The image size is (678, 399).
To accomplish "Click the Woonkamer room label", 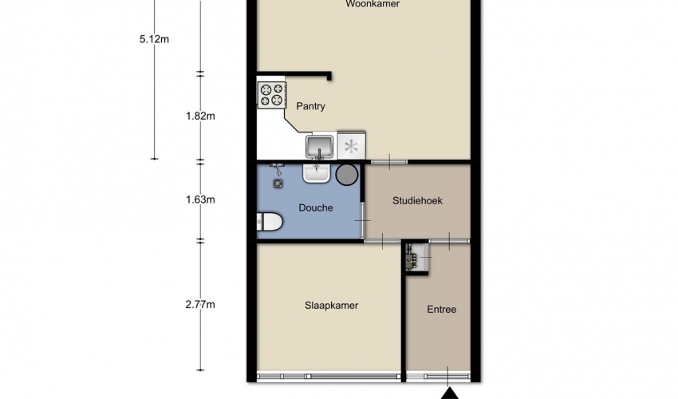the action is pyautogui.click(x=373, y=4).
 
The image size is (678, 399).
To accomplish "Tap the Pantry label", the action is pyautogui.click(x=310, y=106).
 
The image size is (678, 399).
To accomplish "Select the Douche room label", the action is pyautogui.click(x=316, y=207).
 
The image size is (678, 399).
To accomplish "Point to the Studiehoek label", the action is pyautogui.click(x=417, y=201).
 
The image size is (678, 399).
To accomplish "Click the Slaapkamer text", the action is pyautogui.click(x=331, y=306).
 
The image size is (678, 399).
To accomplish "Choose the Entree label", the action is pyautogui.click(x=441, y=310).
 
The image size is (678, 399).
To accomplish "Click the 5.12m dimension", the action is pyautogui.click(x=154, y=39).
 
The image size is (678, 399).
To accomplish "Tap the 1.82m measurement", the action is pyautogui.click(x=200, y=116).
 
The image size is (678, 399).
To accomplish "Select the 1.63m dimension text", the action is pyautogui.click(x=200, y=199).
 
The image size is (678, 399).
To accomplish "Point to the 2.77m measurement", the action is pyautogui.click(x=200, y=305).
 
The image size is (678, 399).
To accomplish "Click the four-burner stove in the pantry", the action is pyautogui.click(x=272, y=95).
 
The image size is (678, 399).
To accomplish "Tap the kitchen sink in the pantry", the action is pyautogui.click(x=320, y=147).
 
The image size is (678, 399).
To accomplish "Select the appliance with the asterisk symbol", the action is pyautogui.click(x=351, y=146).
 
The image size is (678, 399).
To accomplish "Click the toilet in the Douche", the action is pyautogui.click(x=270, y=222).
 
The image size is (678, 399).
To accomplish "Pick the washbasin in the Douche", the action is pyautogui.click(x=316, y=172).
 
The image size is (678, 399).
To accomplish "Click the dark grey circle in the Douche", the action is pyautogui.click(x=347, y=175).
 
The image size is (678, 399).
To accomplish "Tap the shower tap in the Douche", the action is pyautogui.click(x=276, y=168).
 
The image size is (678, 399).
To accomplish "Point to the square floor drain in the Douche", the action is pyautogui.click(x=278, y=184).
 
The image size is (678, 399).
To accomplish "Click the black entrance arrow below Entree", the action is pyautogui.click(x=450, y=393).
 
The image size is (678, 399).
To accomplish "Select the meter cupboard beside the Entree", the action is pyautogui.click(x=416, y=258).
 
